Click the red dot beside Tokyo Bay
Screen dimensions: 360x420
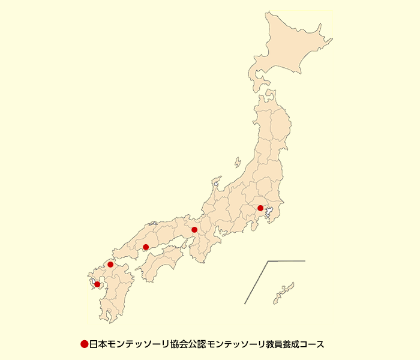[260, 208]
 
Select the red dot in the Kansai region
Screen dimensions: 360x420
[194, 230]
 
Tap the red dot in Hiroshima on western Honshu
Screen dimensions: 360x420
[146, 247]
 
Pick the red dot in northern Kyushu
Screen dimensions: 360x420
[110, 264]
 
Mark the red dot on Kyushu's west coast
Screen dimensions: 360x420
[97, 284]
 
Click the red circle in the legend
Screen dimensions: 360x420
[85, 344]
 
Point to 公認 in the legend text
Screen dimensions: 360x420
[191, 344]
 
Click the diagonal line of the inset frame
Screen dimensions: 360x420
[256, 282]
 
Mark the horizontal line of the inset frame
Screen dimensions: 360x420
[287, 261]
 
